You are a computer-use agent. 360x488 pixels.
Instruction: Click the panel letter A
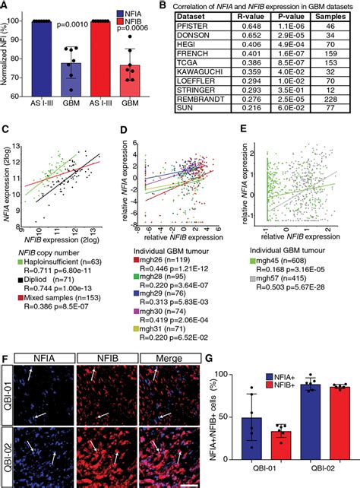6,7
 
